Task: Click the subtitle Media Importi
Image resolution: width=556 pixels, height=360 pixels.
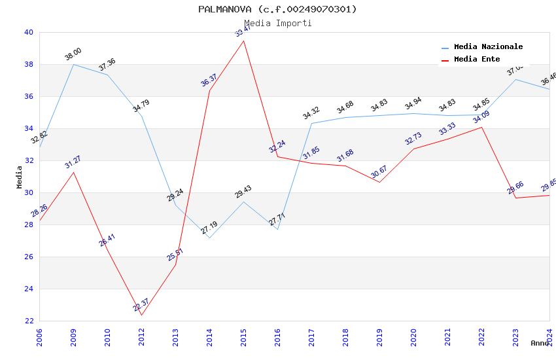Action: [x=277, y=23]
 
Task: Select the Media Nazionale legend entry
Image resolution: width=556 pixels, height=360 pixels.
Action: [x=488, y=46]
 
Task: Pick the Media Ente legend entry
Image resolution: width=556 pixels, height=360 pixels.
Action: [x=477, y=59]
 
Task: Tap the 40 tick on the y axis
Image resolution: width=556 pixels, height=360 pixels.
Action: [x=28, y=32]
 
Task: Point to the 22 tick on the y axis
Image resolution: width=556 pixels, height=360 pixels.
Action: [x=28, y=321]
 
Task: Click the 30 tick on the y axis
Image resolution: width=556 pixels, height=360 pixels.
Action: [x=28, y=192]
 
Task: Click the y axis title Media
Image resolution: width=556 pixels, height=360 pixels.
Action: [x=19, y=177]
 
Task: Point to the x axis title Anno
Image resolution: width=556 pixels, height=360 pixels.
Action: [x=540, y=343]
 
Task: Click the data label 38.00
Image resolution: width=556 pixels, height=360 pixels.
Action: [x=73, y=54]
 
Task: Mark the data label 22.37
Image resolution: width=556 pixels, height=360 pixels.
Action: [x=141, y=305]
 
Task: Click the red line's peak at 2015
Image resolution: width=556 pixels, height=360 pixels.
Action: [x=243, y=41]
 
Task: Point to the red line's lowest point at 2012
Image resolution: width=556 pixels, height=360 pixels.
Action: [x=141, y=315]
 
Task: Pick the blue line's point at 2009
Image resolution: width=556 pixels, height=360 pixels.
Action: [x=73, y=64]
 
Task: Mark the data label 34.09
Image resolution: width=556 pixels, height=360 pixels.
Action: [x=481, y=117]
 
